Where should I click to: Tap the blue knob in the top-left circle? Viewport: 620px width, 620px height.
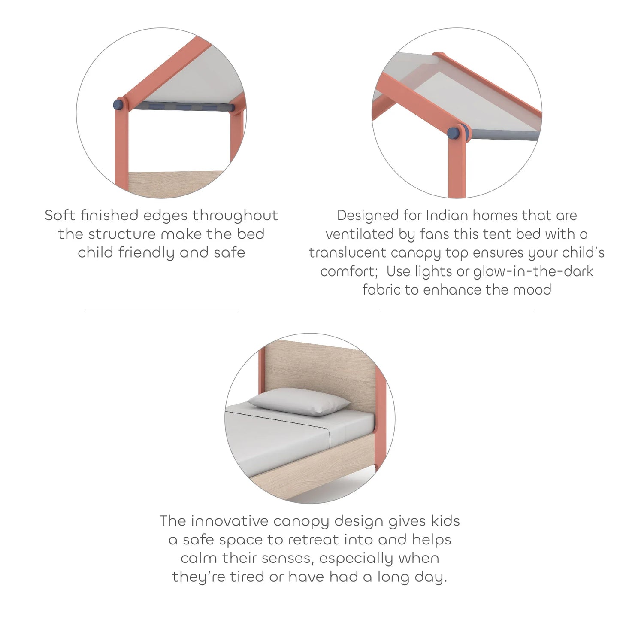click(118, 104)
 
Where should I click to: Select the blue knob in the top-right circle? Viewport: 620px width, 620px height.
click(454, 133)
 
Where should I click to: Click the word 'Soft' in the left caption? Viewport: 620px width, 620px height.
click(60, 215)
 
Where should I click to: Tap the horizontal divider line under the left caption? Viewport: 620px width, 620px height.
click(161, 310)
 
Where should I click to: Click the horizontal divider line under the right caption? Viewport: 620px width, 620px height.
click(457, 310)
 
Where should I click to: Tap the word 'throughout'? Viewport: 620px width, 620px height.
click(235, 215)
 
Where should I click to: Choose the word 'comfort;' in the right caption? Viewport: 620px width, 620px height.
click(349, 271)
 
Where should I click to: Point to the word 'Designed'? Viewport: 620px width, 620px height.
click(368, 215)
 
